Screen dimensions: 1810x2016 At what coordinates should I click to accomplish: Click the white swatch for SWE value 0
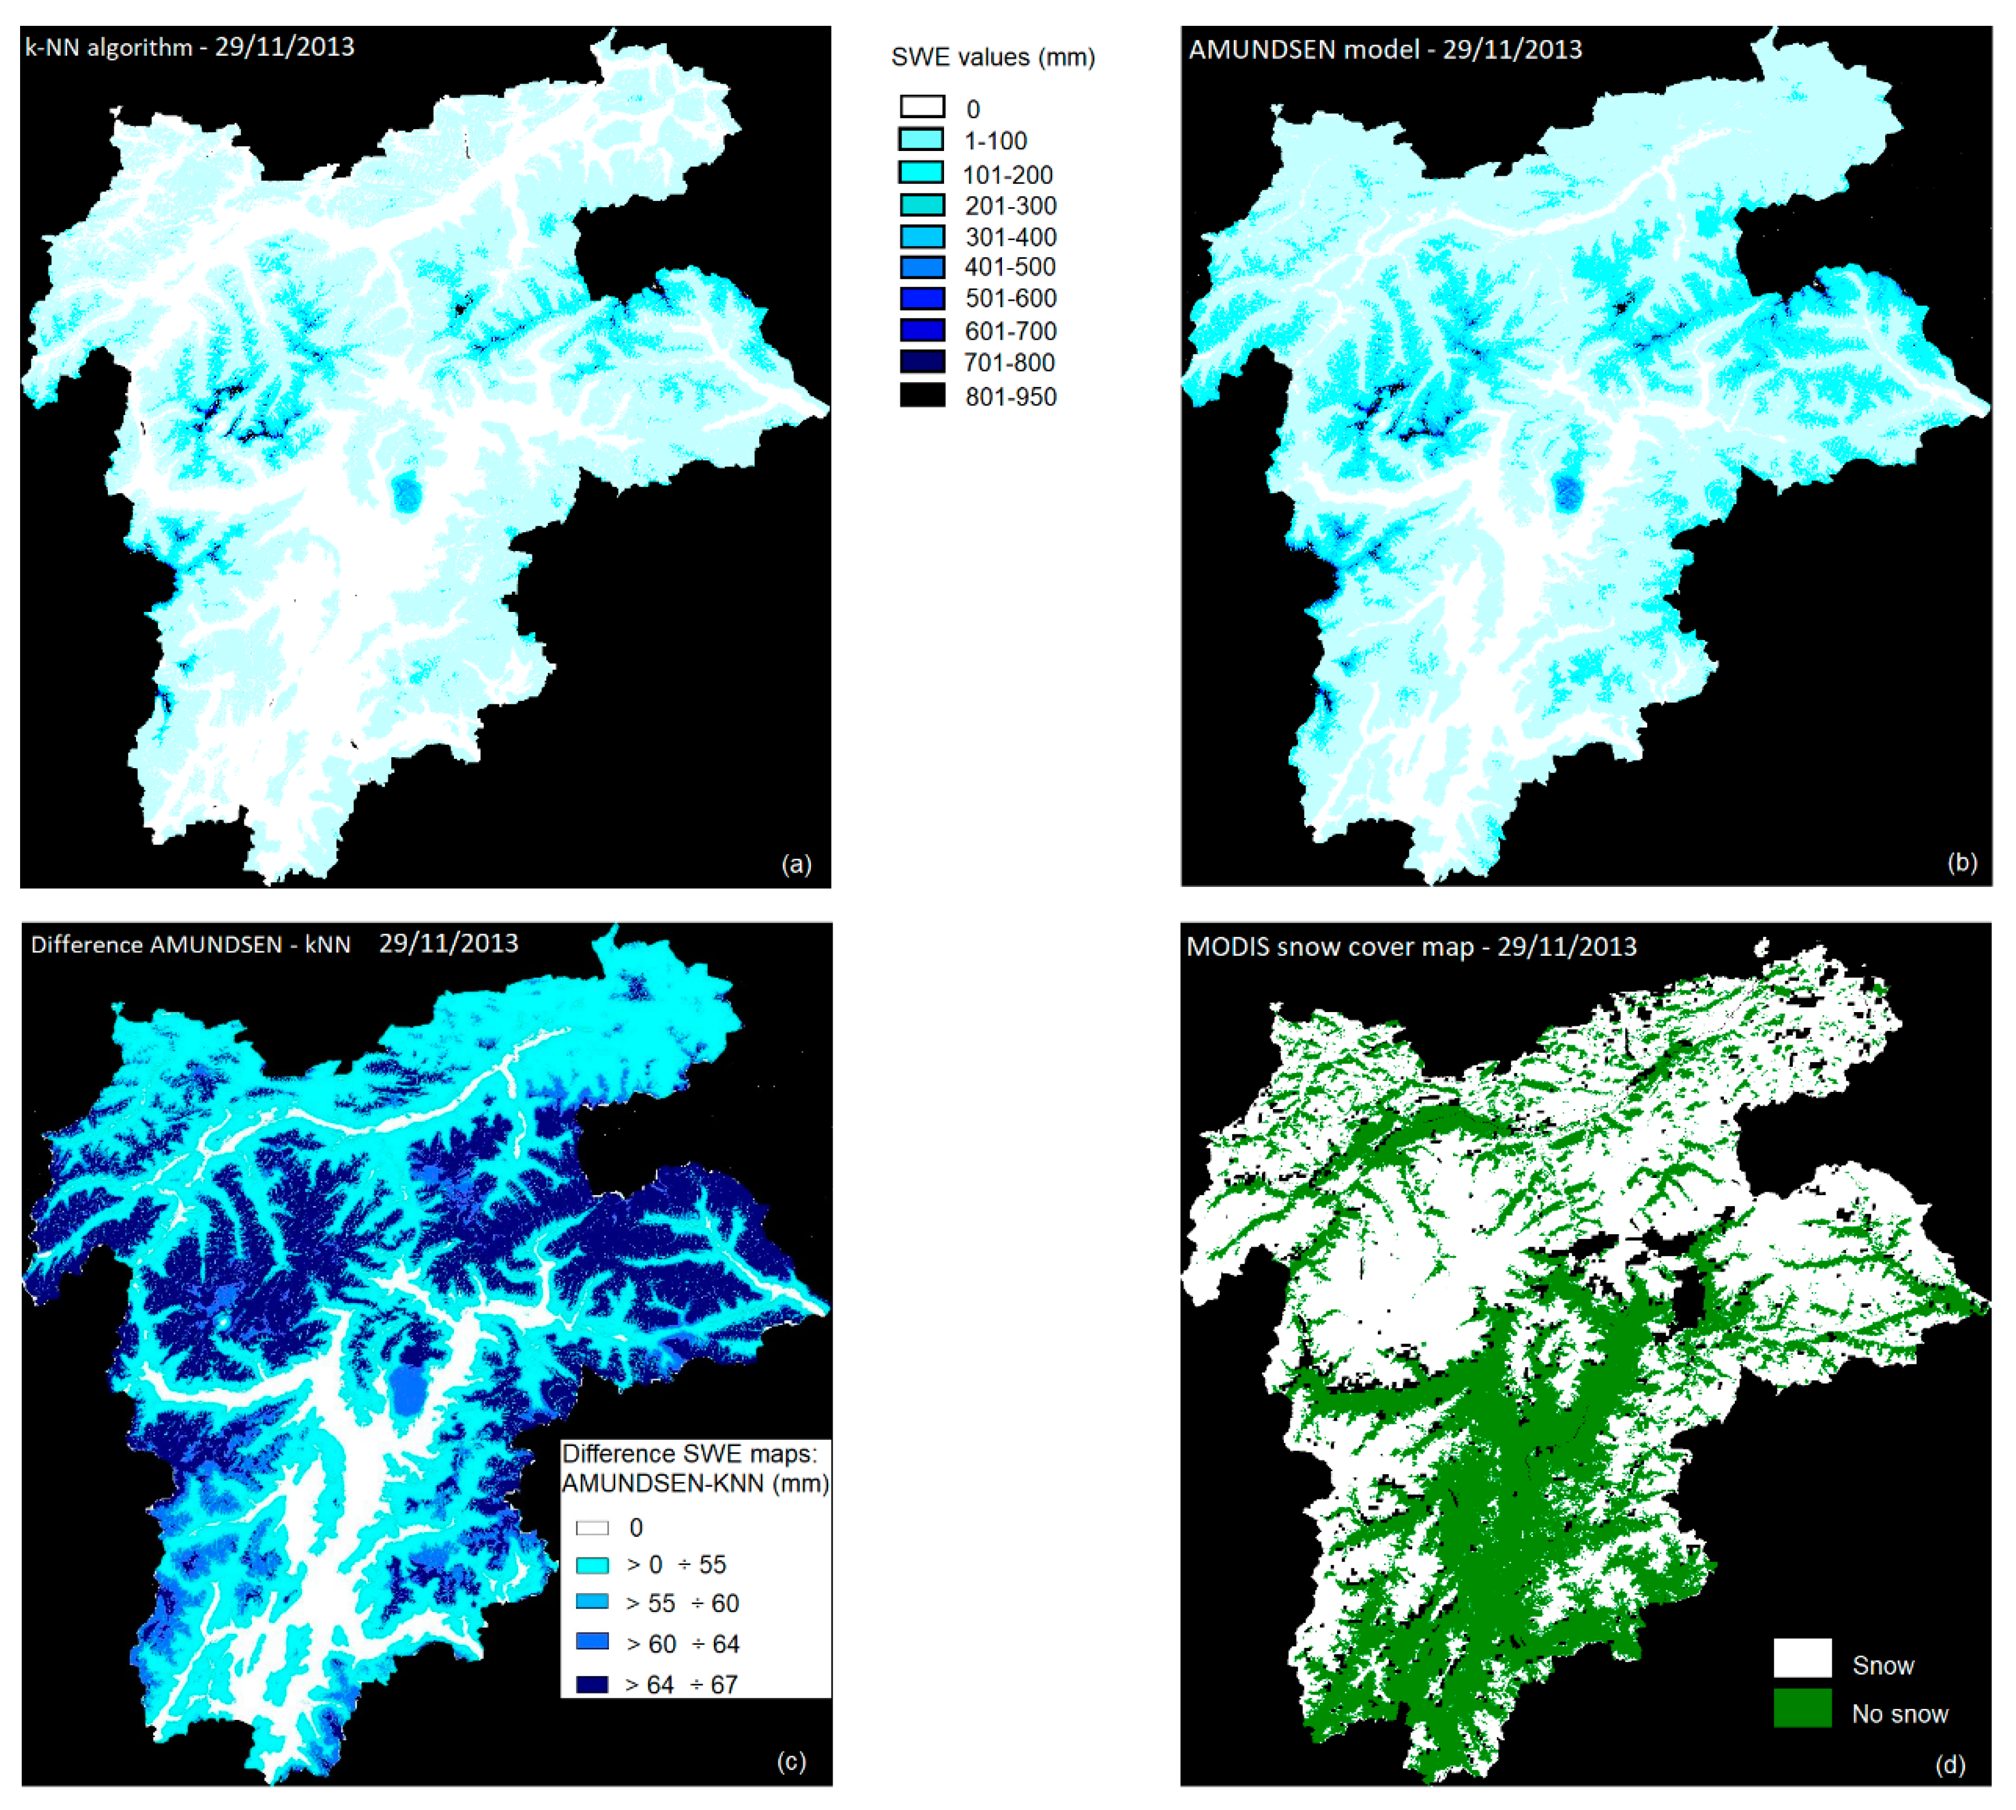[922, 106]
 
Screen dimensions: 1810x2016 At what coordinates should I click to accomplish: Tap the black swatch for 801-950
[922, 395]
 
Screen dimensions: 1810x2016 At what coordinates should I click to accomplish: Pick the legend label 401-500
[1009, 266]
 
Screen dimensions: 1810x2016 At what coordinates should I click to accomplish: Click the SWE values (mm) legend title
[992, 57]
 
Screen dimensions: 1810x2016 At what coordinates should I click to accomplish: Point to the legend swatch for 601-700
[922, 330]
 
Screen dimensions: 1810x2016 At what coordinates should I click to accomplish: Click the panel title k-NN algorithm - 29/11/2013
[189, 46]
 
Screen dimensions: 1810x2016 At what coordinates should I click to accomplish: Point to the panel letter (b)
[1961, 861]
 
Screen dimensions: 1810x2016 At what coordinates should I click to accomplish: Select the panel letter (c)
[790, 1761]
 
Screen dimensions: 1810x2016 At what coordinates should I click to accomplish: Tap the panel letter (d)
[1949, 1764]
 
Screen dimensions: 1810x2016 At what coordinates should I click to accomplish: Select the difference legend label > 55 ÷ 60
[682, 1603]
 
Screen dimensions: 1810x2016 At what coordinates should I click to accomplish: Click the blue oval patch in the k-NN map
[406, 493]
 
